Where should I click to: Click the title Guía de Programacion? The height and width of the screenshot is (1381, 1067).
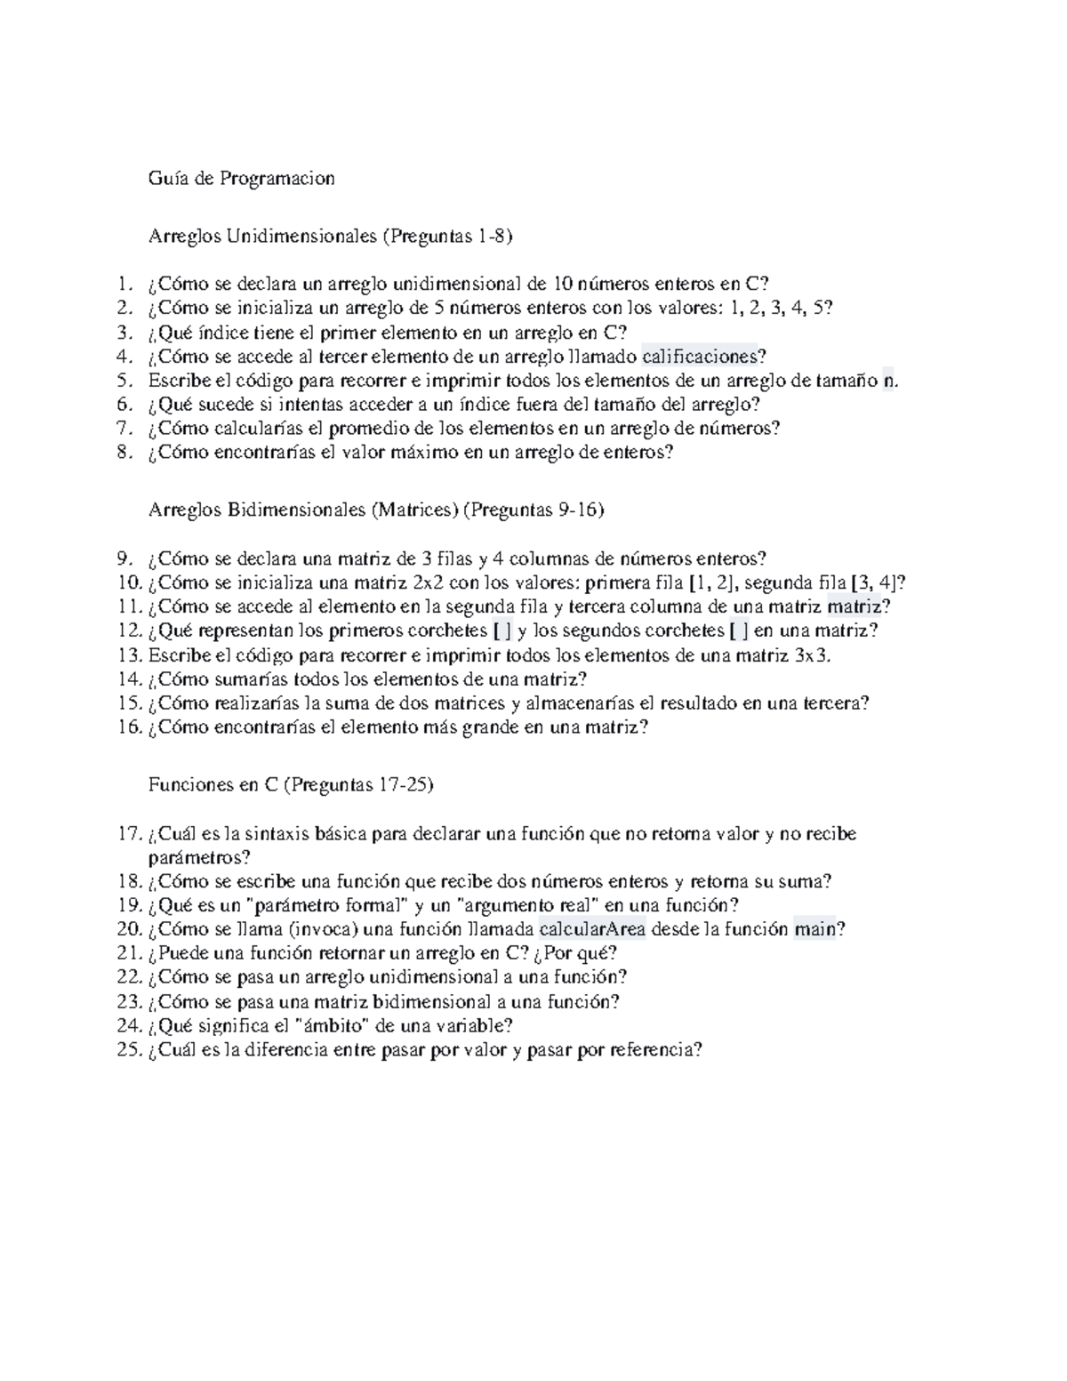point(242,179)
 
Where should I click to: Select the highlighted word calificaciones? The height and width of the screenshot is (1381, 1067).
point(699,357)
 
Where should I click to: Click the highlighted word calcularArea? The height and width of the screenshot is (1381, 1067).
point(592,929)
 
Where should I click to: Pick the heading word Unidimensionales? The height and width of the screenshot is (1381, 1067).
point(301,237)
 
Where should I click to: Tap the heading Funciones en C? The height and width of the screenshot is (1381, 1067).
point(214,785)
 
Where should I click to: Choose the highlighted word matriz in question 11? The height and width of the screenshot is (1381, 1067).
point(854,607)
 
